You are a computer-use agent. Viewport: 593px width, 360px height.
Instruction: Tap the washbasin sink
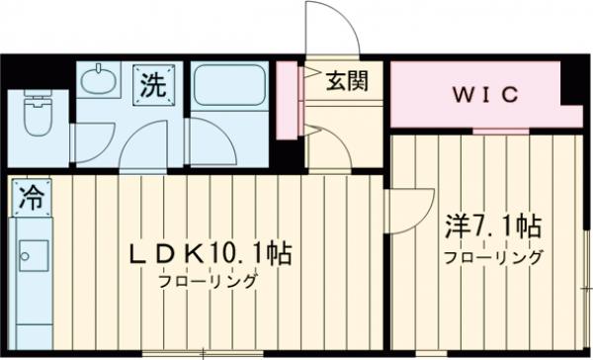click(x=98, y=80)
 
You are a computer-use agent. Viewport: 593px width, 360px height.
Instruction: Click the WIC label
click(x=485, y=95)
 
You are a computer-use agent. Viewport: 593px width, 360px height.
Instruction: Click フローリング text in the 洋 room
click(x=492, y=258)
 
